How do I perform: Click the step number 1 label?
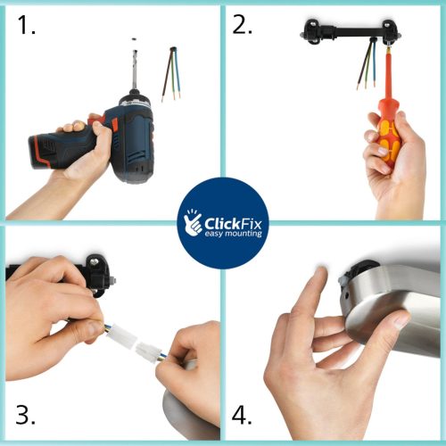point(26,25)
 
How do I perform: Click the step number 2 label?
point(242,25)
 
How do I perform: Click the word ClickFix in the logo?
point(233,223)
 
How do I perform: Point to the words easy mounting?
point(233,234)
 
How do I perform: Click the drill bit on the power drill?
point(135,70)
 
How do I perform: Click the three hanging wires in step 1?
point(171,74)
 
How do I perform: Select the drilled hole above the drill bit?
point(134,39)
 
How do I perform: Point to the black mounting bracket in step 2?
point(351,32)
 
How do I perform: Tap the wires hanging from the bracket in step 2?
point(367,64)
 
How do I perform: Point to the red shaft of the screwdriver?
point(388,74)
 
